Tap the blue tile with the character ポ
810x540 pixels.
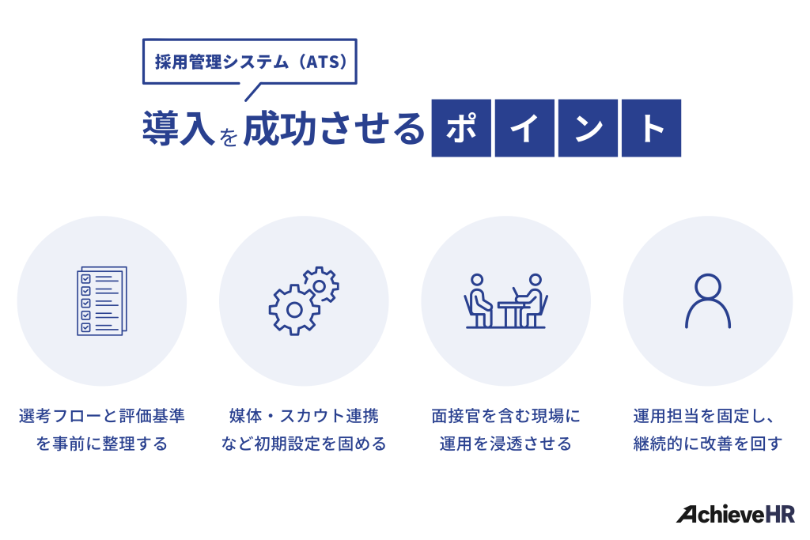(x=461, y=128)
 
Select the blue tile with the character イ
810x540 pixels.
(x=524, y=128)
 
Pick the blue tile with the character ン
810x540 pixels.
(x=588, y=128)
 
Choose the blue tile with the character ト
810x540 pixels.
(x=651, y=128)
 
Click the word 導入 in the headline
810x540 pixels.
(x=178, y=129)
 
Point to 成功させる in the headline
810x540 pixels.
(x=334, y=129)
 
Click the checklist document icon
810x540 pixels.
(x=101, y=301)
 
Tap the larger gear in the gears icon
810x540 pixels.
(x=294, y=309)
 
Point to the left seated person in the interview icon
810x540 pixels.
(x=478, y=300)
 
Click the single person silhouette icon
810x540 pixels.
(x=708, y=301)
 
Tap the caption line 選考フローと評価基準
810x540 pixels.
(x=101, y=415)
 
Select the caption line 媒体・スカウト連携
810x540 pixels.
(x=304, y=415)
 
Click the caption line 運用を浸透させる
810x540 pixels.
(x=506, y=444)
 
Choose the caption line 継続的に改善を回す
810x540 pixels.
(x=708, y=444)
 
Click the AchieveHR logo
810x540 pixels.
(x=736, y=514)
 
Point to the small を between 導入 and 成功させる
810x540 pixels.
(x=229, y=136)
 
